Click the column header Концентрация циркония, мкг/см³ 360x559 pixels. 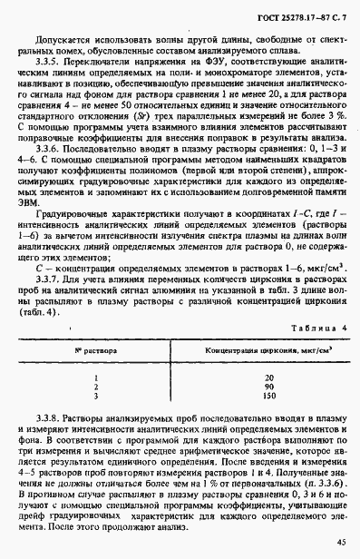click(269, 348)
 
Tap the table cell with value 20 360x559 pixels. click(269, 376)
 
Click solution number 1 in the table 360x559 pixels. click(95, 376)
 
